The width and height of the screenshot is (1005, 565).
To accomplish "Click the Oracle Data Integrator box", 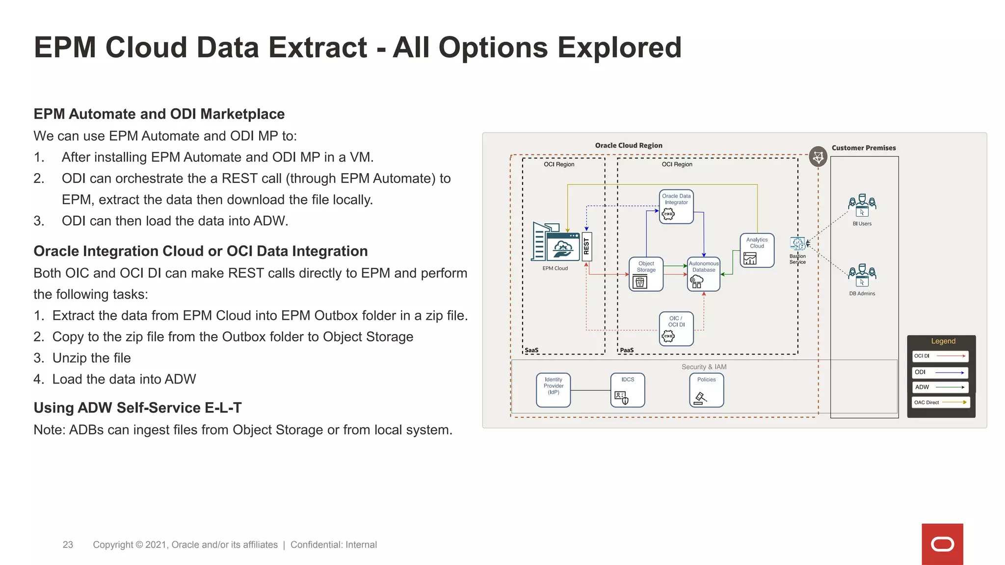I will coord(676,206).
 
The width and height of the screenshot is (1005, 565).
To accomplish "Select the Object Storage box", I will coord(646,274).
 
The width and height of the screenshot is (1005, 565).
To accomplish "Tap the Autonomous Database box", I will coord(703,274).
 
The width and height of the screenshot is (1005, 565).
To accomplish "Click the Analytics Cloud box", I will coord(757,250).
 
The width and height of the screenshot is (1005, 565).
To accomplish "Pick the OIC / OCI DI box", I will coord(676,329).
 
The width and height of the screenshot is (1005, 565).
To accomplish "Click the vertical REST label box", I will coord(586,246).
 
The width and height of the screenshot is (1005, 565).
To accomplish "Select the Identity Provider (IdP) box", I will coord(553,390).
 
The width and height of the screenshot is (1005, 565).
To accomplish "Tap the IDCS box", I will coord(627,390).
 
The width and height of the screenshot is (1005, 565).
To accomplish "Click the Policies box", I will coord(706,390).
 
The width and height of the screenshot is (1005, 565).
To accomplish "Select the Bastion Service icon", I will coord(797,244).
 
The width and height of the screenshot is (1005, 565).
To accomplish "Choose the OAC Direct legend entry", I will coord(940,402).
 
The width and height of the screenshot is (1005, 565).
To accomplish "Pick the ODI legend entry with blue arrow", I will coord(940,372).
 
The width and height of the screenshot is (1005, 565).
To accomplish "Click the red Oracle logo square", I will coord(942,544).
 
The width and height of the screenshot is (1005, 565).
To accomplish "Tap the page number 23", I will coord(68,545).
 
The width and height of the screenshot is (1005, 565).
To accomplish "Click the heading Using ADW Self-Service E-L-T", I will coord(137,408).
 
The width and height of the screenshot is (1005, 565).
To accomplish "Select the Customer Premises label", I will coord(863,148).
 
